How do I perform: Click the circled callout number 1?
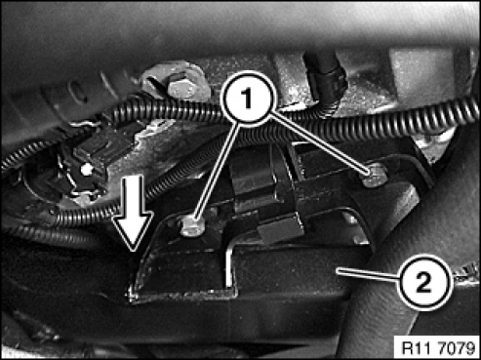pos(248,99)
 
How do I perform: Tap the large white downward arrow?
pos(133,213)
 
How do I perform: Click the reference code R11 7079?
pos(438,348)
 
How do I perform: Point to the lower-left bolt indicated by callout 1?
pos(192,226)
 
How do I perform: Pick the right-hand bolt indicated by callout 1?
pos(375,175)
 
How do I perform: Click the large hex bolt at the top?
pos(180,85)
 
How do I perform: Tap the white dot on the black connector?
pos(87,169)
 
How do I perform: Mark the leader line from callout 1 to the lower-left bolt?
pos(216,173)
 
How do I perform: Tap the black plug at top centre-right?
pos(326,81)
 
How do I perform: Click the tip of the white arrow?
pos(133,252)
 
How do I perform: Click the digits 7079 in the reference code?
pos(458,348)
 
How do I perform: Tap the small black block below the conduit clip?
pos(280,229)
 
